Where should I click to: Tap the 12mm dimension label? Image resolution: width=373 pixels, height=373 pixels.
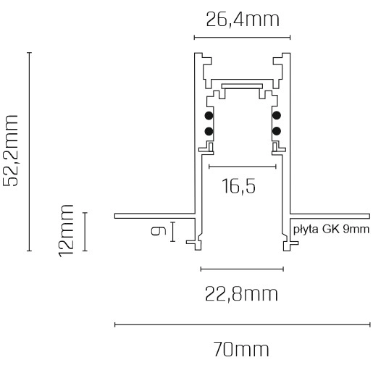pyautogui.click(x=67, y=230)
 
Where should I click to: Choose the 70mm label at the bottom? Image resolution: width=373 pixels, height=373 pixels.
pyautogui.click(x=242, y=350)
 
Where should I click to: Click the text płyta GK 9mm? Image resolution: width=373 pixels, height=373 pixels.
pyautogui.click(x=332, y=230)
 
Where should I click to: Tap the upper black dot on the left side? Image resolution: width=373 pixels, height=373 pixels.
pyautogui.click(x=209, y=116)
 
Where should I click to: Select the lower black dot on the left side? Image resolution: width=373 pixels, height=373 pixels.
pyautogui.click(x=209, y=131)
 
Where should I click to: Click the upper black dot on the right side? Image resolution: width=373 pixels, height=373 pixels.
pyautogui.click(x=276, y=116)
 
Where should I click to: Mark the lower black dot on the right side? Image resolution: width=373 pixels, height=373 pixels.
pyautogui.click(x=276, y=131)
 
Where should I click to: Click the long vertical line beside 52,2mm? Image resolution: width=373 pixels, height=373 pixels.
pyautogui.click(x=29, y=151)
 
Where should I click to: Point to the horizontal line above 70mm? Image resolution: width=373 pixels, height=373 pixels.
pyautogui.click(x=242, y=324)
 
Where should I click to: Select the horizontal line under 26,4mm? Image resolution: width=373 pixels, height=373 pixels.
pyautogui.click(x=242, y=37)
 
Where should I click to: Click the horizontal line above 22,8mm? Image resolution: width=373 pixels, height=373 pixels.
pyautogui.click(x=242, y=269)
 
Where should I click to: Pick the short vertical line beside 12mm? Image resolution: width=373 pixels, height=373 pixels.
pyautogui.click(x=85, y=232)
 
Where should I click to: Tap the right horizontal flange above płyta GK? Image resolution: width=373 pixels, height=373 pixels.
pyautogui.click(x=330, y=215)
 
